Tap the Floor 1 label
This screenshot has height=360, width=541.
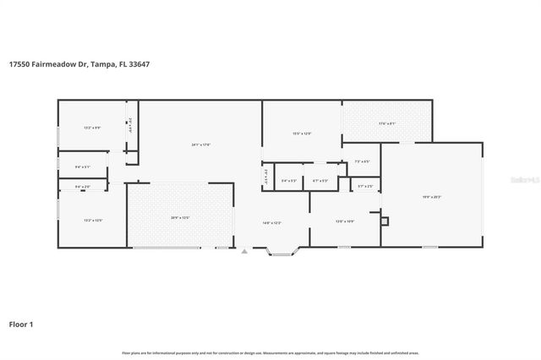click(x=21, y=324)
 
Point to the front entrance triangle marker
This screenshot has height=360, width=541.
click(x=244, y=251)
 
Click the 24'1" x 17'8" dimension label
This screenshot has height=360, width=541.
click(x=200, y=145)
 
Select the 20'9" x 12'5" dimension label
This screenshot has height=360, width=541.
click(x=180, y=218)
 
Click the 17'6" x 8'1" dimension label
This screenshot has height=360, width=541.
click(x=386, y=124)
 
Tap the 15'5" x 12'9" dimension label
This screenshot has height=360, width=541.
click(x=302, y=133)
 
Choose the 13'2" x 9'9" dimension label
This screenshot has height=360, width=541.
click(x=92, y=128)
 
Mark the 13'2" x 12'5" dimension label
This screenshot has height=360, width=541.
click(x=92, y=221)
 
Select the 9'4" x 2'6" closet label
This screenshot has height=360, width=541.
click(x=83, y=186)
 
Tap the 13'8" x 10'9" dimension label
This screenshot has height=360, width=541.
click(x=344, y=221)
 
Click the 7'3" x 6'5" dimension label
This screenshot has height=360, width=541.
click(x=362, y=161)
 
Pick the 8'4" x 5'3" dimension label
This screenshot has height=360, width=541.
click(x=289, y=181)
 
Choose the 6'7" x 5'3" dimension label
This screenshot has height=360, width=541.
click(x=320, y=181)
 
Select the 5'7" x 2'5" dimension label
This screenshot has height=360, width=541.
click(x=365, y=186)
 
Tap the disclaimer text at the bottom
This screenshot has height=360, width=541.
click(x=270, y=352)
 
